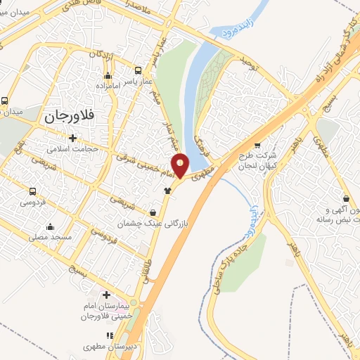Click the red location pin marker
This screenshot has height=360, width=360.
pos(181,166)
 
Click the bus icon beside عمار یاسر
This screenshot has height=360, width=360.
pos(138,70)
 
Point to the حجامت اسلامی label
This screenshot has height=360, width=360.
pos(72,149)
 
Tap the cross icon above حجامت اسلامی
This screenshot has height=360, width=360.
pos(72,137)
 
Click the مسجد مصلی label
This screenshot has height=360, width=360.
pos(50,237)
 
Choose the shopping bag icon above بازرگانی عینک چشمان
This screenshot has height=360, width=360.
pos(153,212)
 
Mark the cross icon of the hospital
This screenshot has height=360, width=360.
pos(106,295)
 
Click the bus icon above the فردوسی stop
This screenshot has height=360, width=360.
pos(32,192)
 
